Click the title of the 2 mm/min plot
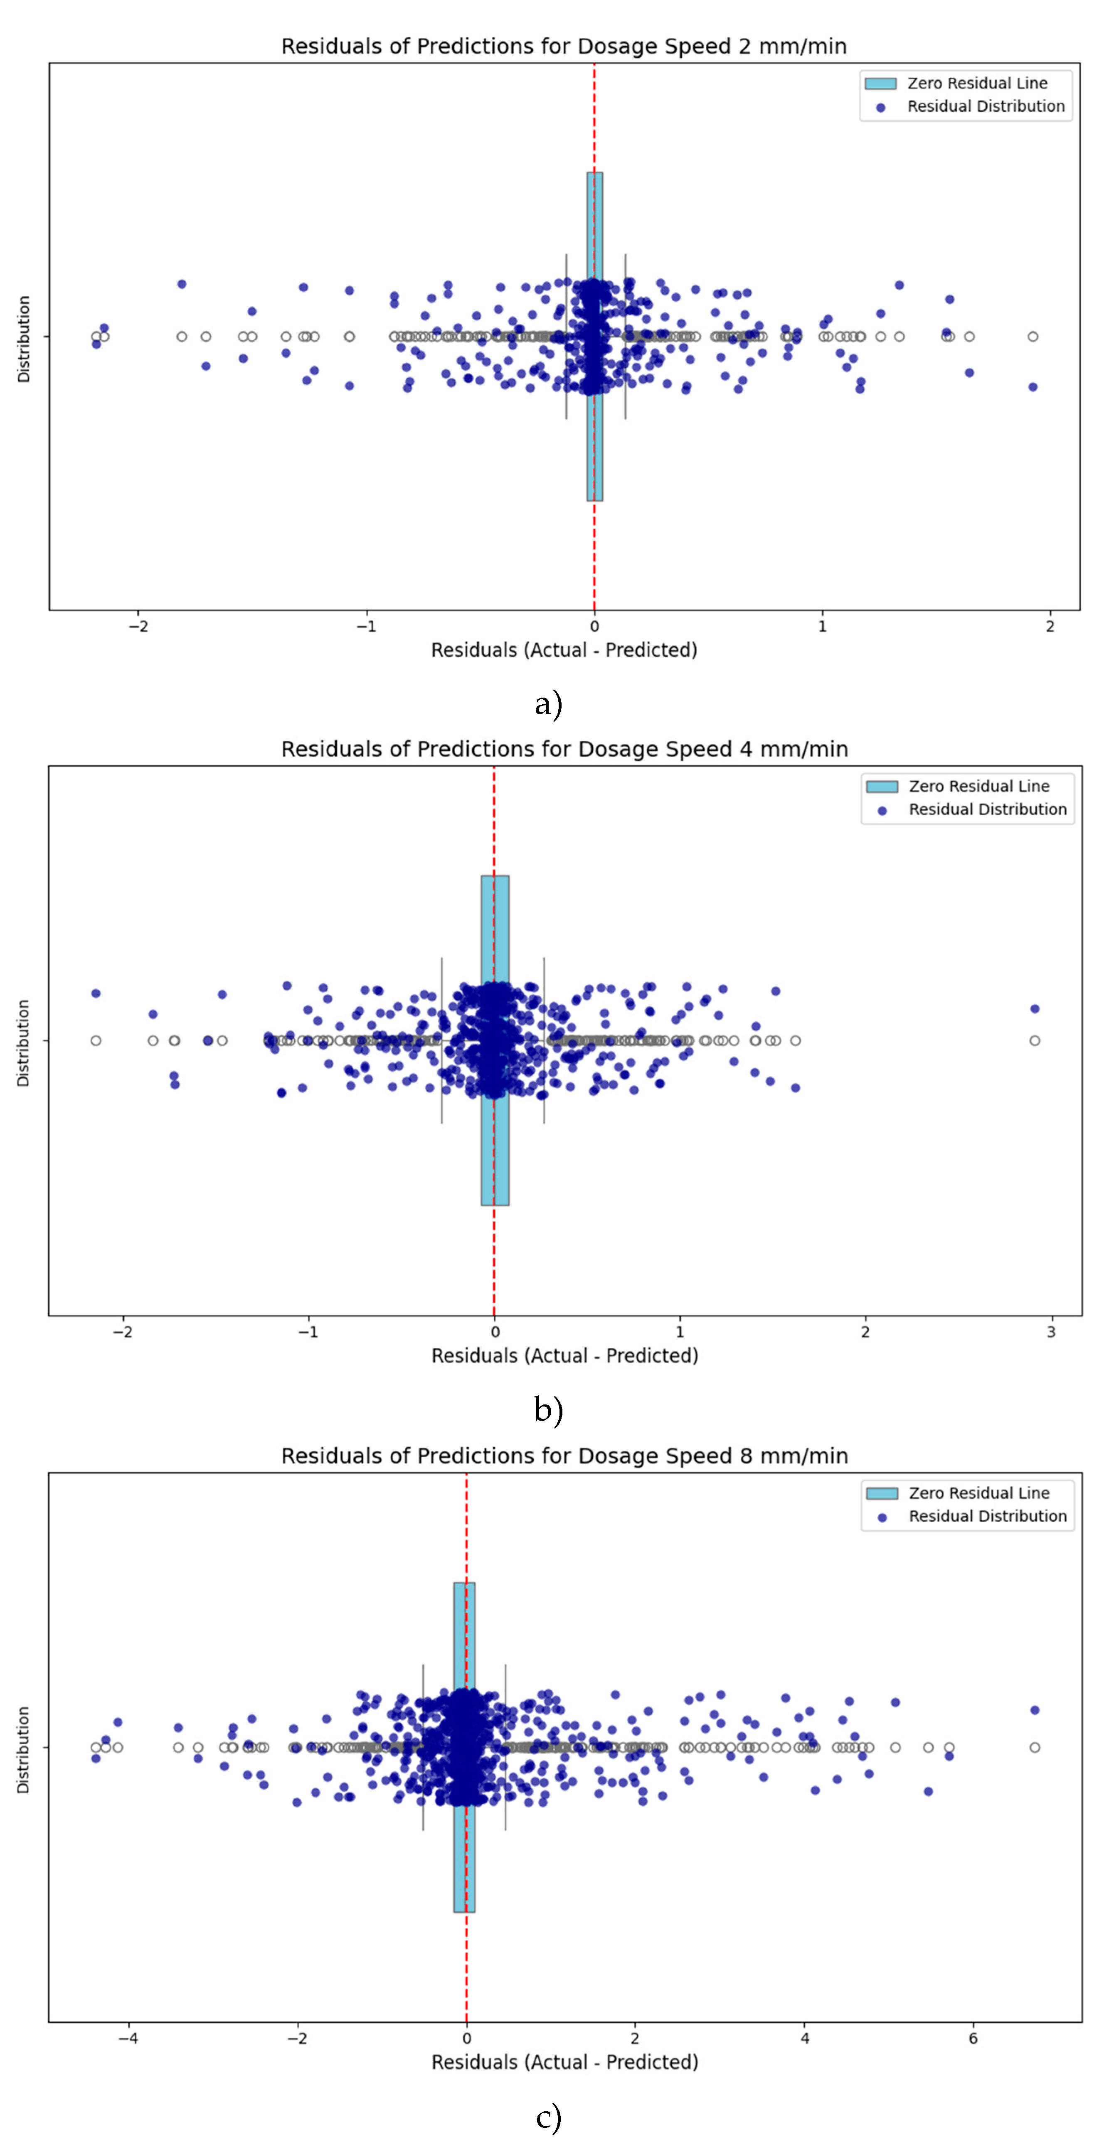pos(564,46)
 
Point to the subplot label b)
pos(549,1410)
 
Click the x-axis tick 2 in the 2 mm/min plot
pos(1050,626)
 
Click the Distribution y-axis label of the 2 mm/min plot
pos(23,339)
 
